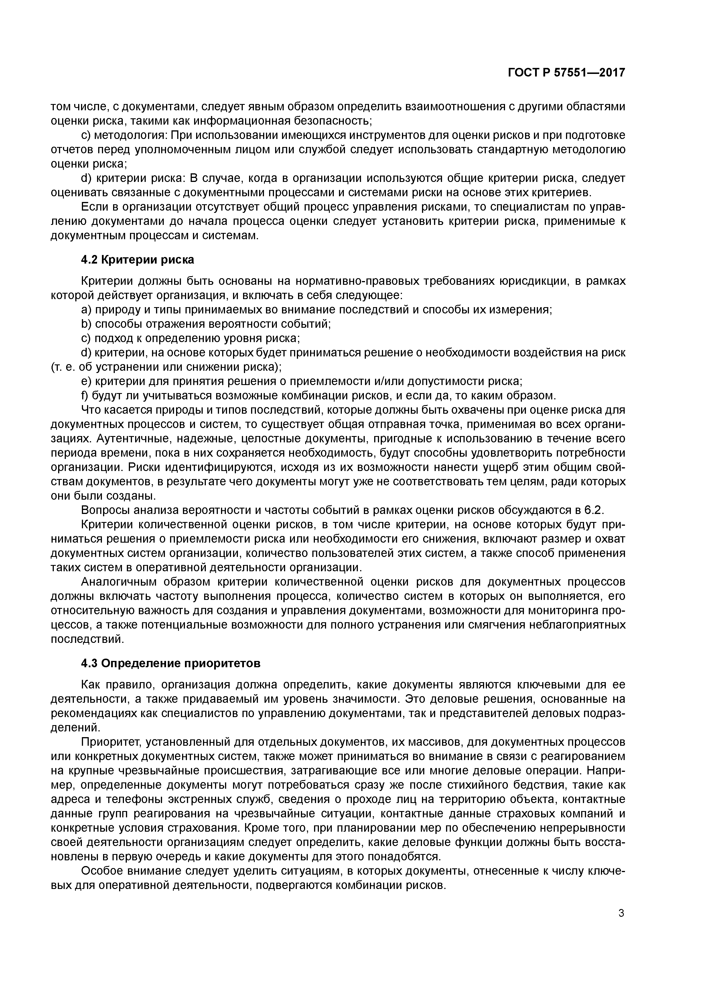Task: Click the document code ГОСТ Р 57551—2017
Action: pyautogui.click(x=567, y=73)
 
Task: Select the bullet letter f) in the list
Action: pyautogui.click(x=85, y=396)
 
